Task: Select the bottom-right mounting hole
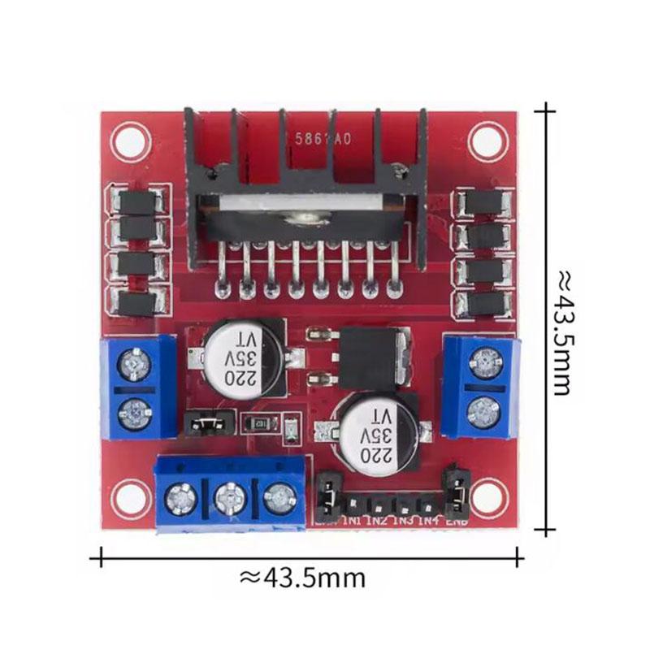coord(487,496)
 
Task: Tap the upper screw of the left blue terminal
coord(133,368)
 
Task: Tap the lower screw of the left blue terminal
coord(133,414)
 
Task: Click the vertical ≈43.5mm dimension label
coord(561,333)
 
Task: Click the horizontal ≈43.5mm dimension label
coord(302,578)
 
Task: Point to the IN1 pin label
coord(353,521)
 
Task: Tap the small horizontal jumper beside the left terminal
coord(208,422)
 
